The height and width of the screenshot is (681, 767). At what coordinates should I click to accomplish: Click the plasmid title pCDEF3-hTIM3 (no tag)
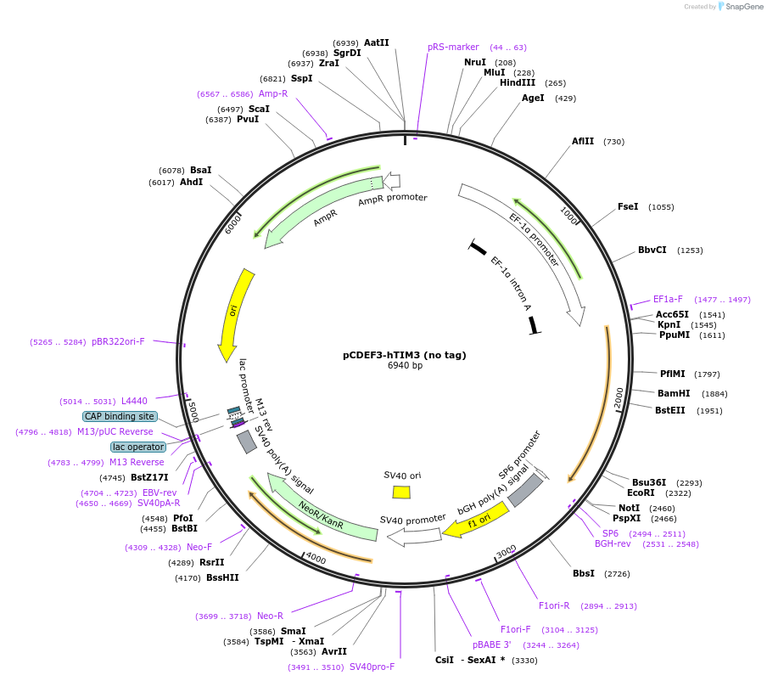tap(405, 355)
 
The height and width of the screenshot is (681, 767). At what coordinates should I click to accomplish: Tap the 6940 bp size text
tap(405, 366)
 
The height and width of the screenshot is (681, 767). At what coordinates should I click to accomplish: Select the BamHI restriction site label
tap(674, 393)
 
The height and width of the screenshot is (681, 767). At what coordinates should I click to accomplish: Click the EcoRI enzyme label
tap(641, 492)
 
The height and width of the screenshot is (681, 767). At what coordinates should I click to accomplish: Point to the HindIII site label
tap(518, 82)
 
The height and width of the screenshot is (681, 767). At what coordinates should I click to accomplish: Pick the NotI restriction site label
tap(629, 508)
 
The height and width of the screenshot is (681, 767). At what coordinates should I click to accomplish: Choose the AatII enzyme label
tap(377, 42)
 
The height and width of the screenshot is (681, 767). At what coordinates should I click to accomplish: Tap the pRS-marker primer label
tap(453, 47)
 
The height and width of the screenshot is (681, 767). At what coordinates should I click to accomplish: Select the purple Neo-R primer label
tap(270, 616)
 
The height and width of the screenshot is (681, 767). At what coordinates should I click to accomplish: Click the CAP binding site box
tap(120, 416)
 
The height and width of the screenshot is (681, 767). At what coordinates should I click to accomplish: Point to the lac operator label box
tap(138, 447)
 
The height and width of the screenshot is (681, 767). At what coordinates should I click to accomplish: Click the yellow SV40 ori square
tap(401, 492)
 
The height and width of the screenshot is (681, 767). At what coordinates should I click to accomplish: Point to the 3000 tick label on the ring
tap(506, 553)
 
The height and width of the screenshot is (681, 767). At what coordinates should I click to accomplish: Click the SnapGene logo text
tap(743, 7)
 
